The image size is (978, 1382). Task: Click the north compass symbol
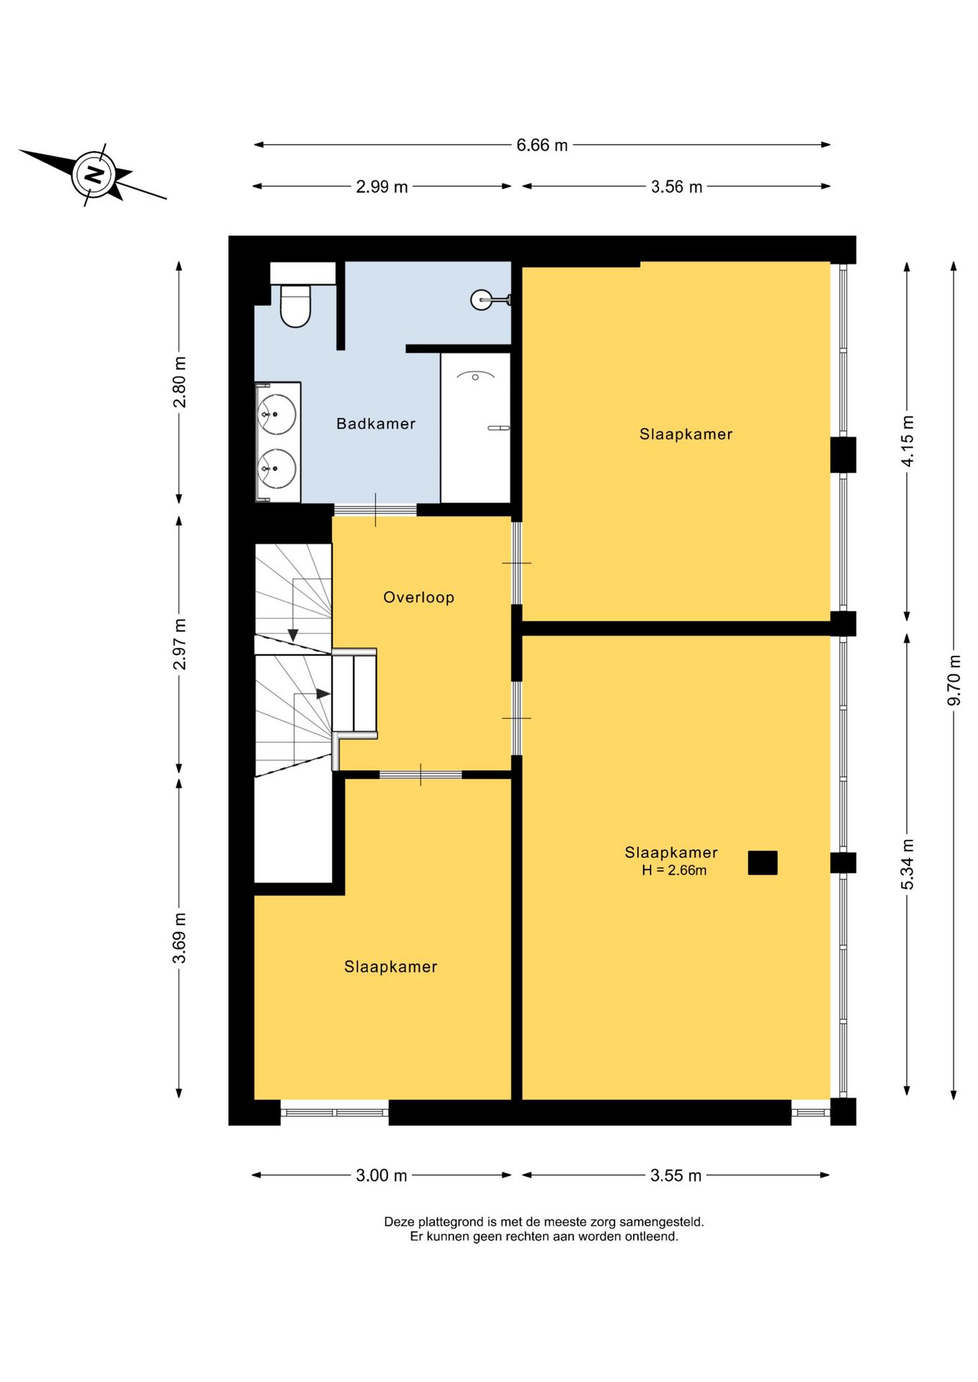pyautogui.click(x=92, y=174)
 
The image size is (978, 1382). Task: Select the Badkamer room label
pyautogui.click(x=376, y=424)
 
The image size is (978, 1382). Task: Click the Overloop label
pyautogui.click(x=418, y=597)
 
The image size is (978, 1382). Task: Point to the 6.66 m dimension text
pyautogui.click(x=542, y=145)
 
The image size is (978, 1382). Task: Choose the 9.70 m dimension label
pyautogui.click(x=954, y=680)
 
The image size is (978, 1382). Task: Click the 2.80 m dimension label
pyautogui.click(x=179, y=382)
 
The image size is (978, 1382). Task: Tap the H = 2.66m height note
pyautogui.click(x=674, y=870)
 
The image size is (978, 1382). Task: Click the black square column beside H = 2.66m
pyautogui.click(x=763, y=863)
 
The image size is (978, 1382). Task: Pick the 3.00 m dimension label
pyautogui.click(x=382, y=1175)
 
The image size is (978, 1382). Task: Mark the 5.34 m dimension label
pyautogui.click(x=907, y=864)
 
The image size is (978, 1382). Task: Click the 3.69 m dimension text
pyautogui.click(x=179, y=938)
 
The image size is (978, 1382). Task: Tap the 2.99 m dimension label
pyautogui.click(x=382, y=187)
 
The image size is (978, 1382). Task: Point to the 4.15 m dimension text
pyautogui.click(x=907, y=441)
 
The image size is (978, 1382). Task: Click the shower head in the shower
pyautogui.click(x=476, y=376)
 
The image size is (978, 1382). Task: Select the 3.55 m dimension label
pyautogui.click(x=676, y=1175)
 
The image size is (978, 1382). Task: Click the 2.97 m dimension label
pyautogui.click(x=179, y=644)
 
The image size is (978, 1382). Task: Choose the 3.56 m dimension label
pyautogui.click(x=676, y=187)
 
